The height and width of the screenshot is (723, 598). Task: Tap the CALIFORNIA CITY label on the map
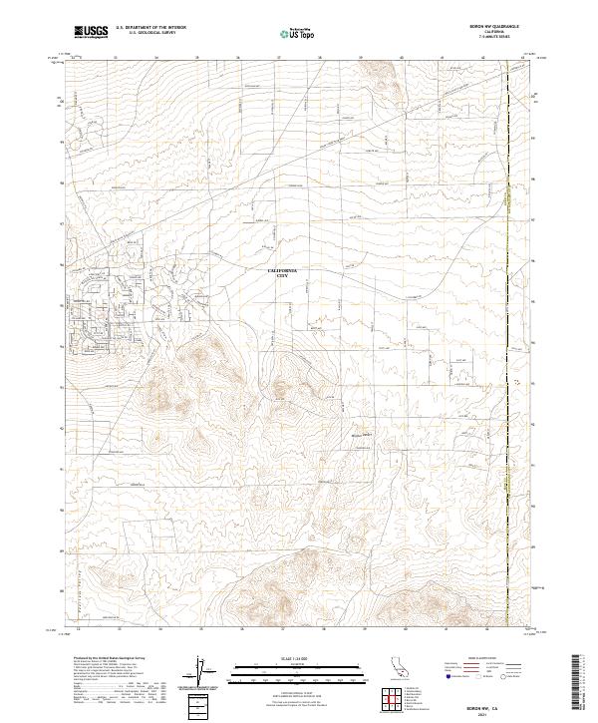click(x=284, y=274)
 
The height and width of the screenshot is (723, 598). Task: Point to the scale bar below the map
click(x=284, y=671)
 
